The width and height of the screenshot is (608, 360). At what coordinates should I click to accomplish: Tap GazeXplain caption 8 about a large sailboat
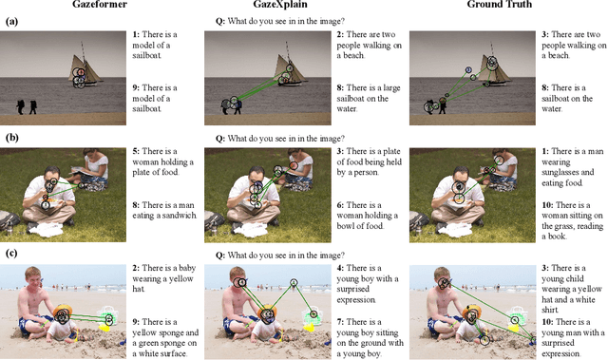pyautogui.click(x=371, y=99)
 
